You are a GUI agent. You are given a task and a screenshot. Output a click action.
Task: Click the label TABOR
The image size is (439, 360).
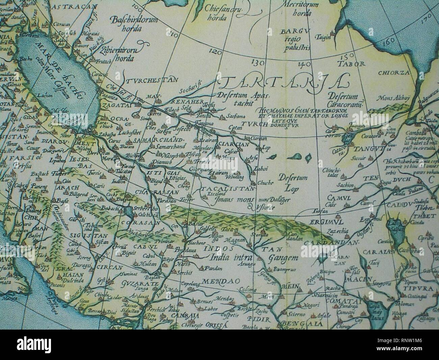354,64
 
